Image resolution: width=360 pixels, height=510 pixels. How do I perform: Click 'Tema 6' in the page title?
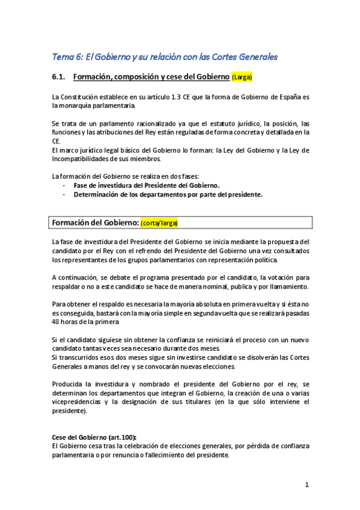[x=68, y=57]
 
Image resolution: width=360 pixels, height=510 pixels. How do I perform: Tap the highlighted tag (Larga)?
[x=242, y=78]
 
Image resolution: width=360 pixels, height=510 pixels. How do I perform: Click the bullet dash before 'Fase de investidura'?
[x=64, y=186]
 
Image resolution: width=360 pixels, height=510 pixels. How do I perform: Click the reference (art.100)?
[x=121, y=437]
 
